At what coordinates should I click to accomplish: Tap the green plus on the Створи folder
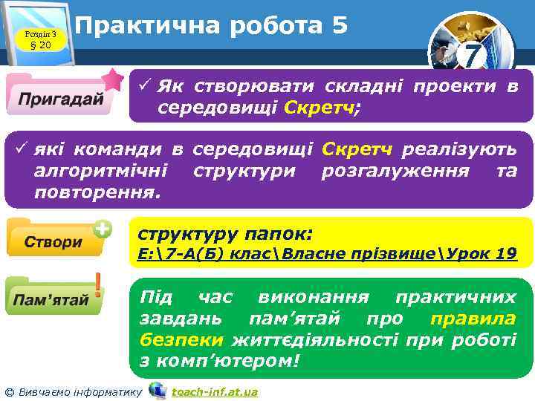coord(103,229)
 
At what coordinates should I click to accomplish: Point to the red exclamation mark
coord(98,286)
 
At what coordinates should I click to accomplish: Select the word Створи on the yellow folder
coord(53,243)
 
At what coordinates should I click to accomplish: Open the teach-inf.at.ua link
coord(215,391)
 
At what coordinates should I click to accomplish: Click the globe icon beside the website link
coord(157,391)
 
